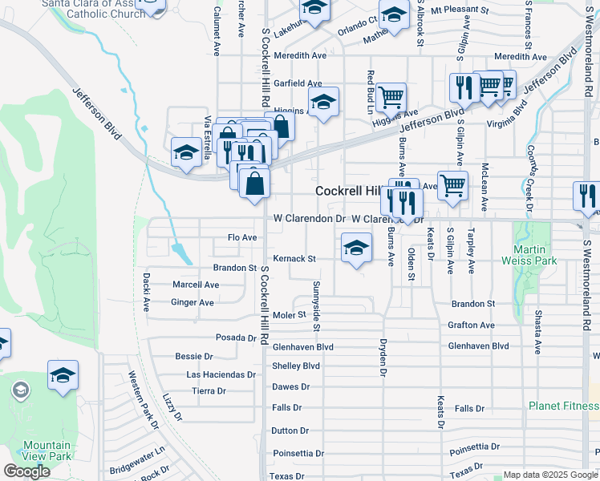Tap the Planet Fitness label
[563, 406]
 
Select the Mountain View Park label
[47, 451]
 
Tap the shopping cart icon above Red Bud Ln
[391, 98]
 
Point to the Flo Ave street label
[242, 237]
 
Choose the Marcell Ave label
[196, 285]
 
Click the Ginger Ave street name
[193, 303]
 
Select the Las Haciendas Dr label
[221, 374]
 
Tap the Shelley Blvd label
[296, 366]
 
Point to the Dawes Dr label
[291, 386]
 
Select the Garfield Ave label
[298, 83]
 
